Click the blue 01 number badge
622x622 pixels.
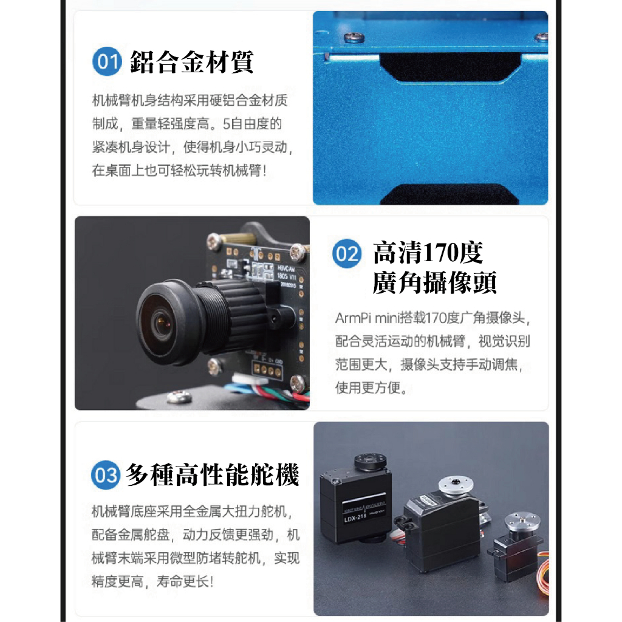[x=107, y=61]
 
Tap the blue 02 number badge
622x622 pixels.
[x=347, y=254]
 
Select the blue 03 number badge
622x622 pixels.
[x=106, y=475]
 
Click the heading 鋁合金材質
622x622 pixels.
[x=191, y=62]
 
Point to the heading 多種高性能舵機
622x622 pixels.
[x=212, y=475]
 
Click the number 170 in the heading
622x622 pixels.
[x=440, y=253]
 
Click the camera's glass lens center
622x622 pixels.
[x=160, y=323]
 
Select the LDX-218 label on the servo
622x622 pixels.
[x=355, y=518]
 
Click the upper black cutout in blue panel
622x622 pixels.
[x=450, y=67]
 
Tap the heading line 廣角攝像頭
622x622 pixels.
[x=434, y=283]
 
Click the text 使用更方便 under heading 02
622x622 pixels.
[x=367, y=388]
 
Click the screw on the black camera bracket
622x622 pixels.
[x=180, y=396]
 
